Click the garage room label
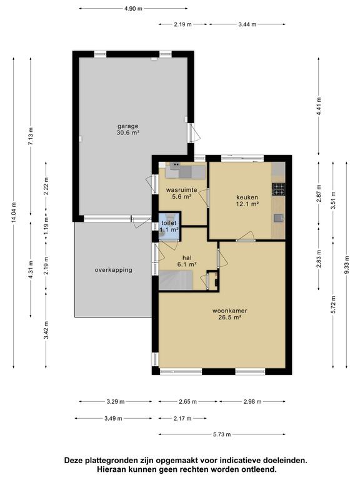coord(128,126)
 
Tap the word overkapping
coord(114,270)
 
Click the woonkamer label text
coord(230,311)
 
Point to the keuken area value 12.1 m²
coord(247,204)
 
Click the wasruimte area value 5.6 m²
coord(181,197)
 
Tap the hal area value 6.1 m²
coord(187,264)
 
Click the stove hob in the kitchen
coord(278,189)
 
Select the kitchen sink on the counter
coord(279,218)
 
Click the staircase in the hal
coord(176,280)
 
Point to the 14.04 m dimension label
coord(14,213)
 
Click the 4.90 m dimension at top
coord(133,9)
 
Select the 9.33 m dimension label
coord(346,265)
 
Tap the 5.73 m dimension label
coord(222,434)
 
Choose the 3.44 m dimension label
coord(247,24)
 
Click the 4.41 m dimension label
coord(319,106)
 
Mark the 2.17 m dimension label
coord(182,418)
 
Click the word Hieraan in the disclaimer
coord(111,469)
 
